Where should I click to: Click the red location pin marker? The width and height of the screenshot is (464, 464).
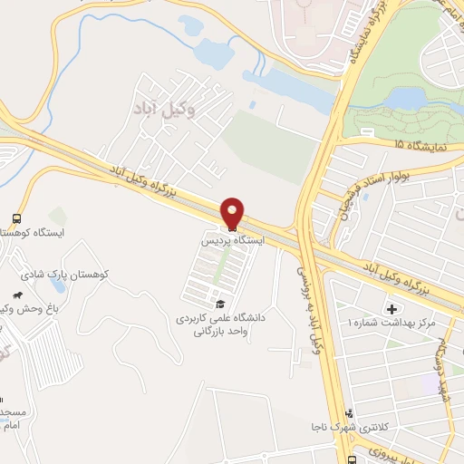point(233,213)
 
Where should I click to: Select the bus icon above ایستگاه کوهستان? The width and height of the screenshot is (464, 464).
point(17,218)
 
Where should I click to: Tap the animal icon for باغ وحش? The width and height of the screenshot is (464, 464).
point(17,295)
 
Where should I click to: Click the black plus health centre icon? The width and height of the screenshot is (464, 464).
point(392,309)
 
